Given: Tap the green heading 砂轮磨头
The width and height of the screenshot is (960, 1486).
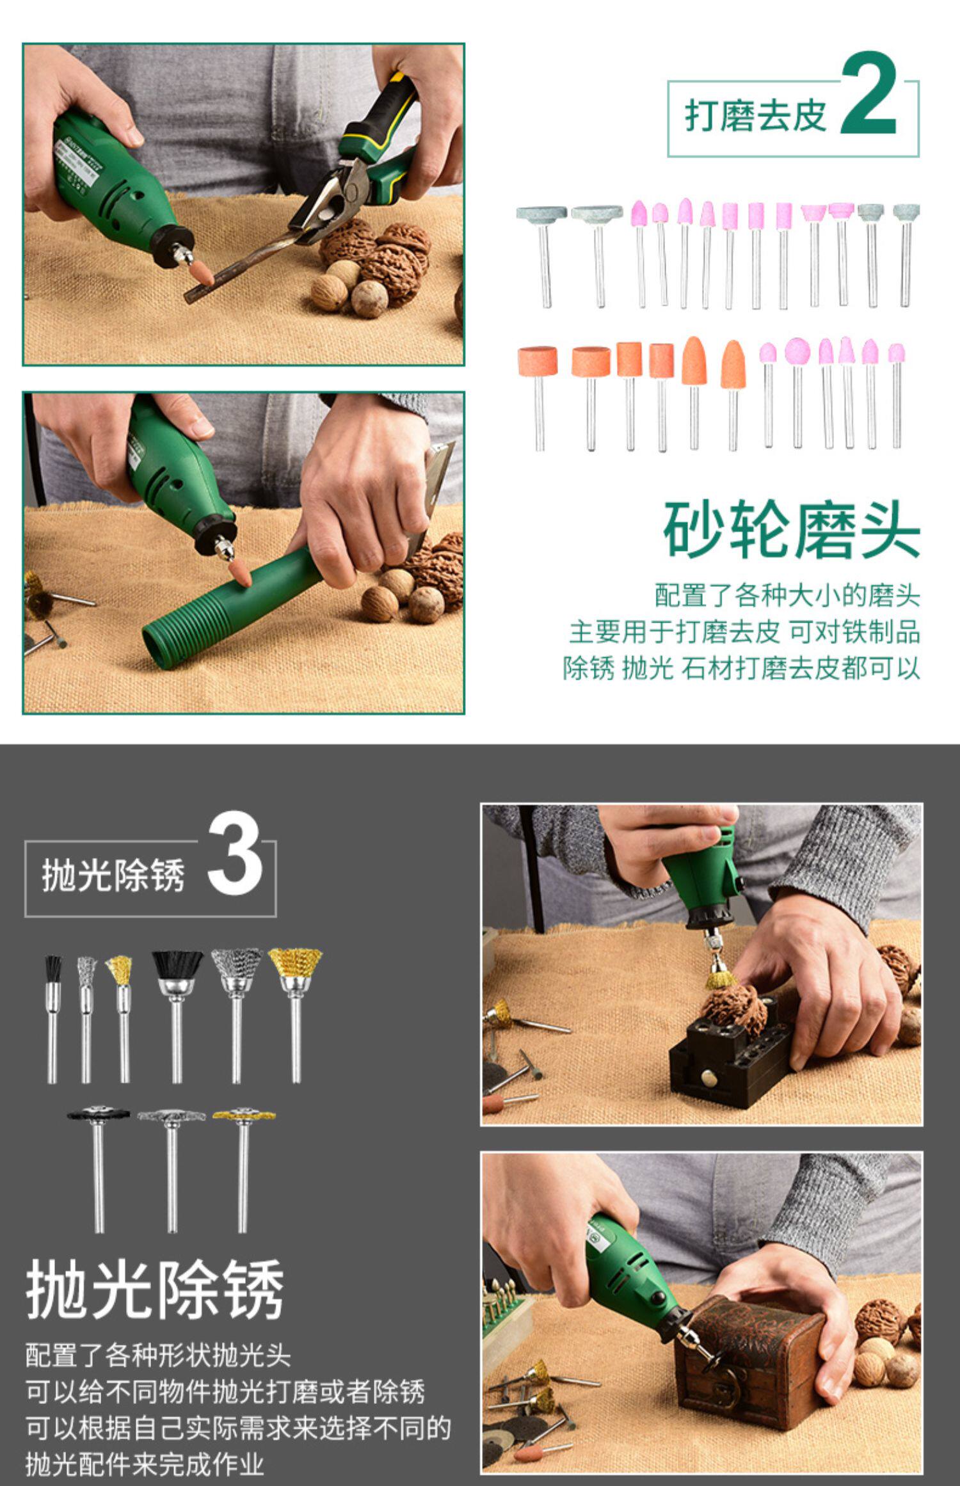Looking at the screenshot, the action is point(792,529).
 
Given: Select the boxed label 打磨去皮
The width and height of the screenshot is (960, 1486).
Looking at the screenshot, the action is point(756,116).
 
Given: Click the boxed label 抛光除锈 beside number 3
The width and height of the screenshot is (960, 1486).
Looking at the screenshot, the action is point(113,875).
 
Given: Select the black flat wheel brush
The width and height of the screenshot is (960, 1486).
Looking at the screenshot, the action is point(99,1114).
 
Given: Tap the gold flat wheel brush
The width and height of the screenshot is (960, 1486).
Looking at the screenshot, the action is point(243,1114).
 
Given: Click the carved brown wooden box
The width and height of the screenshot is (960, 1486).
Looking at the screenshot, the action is point(749,1352).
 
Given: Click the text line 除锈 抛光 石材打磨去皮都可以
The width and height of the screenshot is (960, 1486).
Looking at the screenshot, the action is point(742,669).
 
